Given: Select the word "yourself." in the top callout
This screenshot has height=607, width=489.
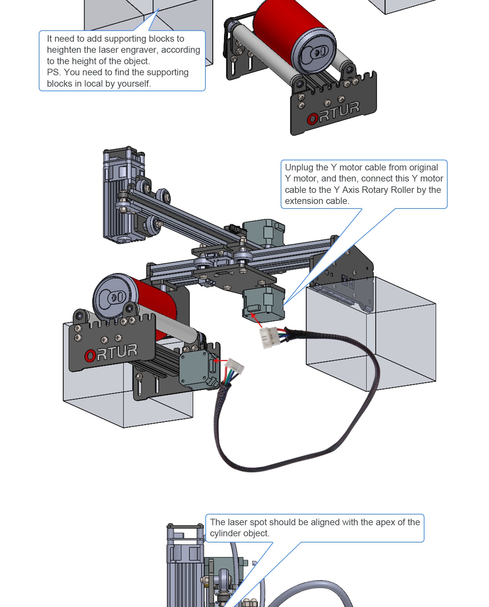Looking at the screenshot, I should [134, 84].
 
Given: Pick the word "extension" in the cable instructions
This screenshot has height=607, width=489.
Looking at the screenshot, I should [302, 201].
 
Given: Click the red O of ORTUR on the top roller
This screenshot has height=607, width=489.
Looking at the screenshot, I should [312, 119].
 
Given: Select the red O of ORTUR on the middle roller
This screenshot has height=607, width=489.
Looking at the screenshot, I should [90, 356].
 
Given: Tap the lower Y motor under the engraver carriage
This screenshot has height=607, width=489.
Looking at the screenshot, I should [263, 303].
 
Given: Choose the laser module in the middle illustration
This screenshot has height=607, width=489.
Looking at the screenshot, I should [119, 195].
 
